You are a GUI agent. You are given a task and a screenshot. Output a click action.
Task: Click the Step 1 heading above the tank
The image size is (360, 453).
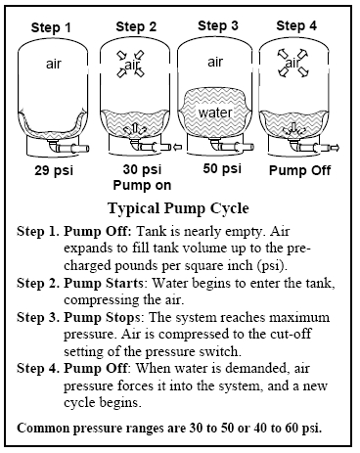[x=51, y=27]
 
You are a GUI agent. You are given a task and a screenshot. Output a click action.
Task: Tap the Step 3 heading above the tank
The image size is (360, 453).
[x=218, y=25]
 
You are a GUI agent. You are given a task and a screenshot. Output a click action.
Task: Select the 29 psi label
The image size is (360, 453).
[x=54, y=170]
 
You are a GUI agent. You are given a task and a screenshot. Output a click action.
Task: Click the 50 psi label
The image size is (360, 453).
[x=222, y=168]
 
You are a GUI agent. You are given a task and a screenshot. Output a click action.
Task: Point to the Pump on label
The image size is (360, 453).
[x=142, y=185]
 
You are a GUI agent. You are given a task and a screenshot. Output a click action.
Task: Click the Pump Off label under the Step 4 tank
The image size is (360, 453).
[x=299, y=170]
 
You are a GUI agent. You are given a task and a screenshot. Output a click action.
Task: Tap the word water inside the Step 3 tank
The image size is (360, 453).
[x=215, y=113]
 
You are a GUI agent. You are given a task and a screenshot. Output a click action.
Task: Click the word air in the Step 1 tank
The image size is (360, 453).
[x=54, y=64]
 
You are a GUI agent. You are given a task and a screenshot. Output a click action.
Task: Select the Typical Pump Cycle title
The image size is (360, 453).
[x=178, y=208]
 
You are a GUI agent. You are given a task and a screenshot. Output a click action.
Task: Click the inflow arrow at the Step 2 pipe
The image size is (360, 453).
[x=178, y=148]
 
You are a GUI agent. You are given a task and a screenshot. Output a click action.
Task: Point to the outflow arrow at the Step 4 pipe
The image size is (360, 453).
[x=335, y=148]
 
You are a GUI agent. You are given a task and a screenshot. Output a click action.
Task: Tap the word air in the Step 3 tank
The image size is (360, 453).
[x=215, y=62]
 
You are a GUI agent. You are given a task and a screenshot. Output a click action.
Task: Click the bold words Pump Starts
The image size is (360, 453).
[x=103, y=283]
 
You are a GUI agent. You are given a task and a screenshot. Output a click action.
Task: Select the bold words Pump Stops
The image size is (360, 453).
[x=102, y=317]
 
